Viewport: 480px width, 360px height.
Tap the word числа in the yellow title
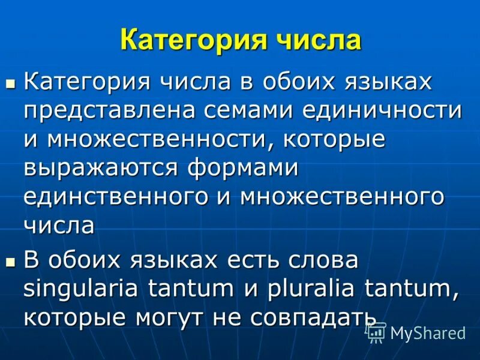click(x=319, y=41)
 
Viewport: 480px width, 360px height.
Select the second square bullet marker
click(x=9, y=261)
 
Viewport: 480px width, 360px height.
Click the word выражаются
click(x=103, y=168)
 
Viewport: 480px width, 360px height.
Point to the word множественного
click(x=342, y=197)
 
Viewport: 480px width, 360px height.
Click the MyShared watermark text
click(x=428, y=332)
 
